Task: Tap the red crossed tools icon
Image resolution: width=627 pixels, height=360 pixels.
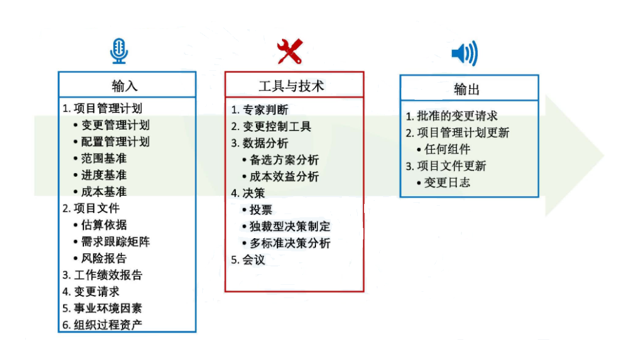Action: pos(290,52)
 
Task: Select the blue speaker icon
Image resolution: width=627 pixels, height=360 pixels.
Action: pos(465,54)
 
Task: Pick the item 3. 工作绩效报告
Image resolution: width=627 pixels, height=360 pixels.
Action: pos(102,275)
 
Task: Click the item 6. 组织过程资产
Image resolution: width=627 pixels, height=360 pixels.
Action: pos(102,325)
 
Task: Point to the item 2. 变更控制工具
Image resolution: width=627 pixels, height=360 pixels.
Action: pos(271,126)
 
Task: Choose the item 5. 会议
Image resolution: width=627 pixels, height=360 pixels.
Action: pos(248,259)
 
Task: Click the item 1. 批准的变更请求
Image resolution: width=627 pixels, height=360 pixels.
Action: pos(452,116)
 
